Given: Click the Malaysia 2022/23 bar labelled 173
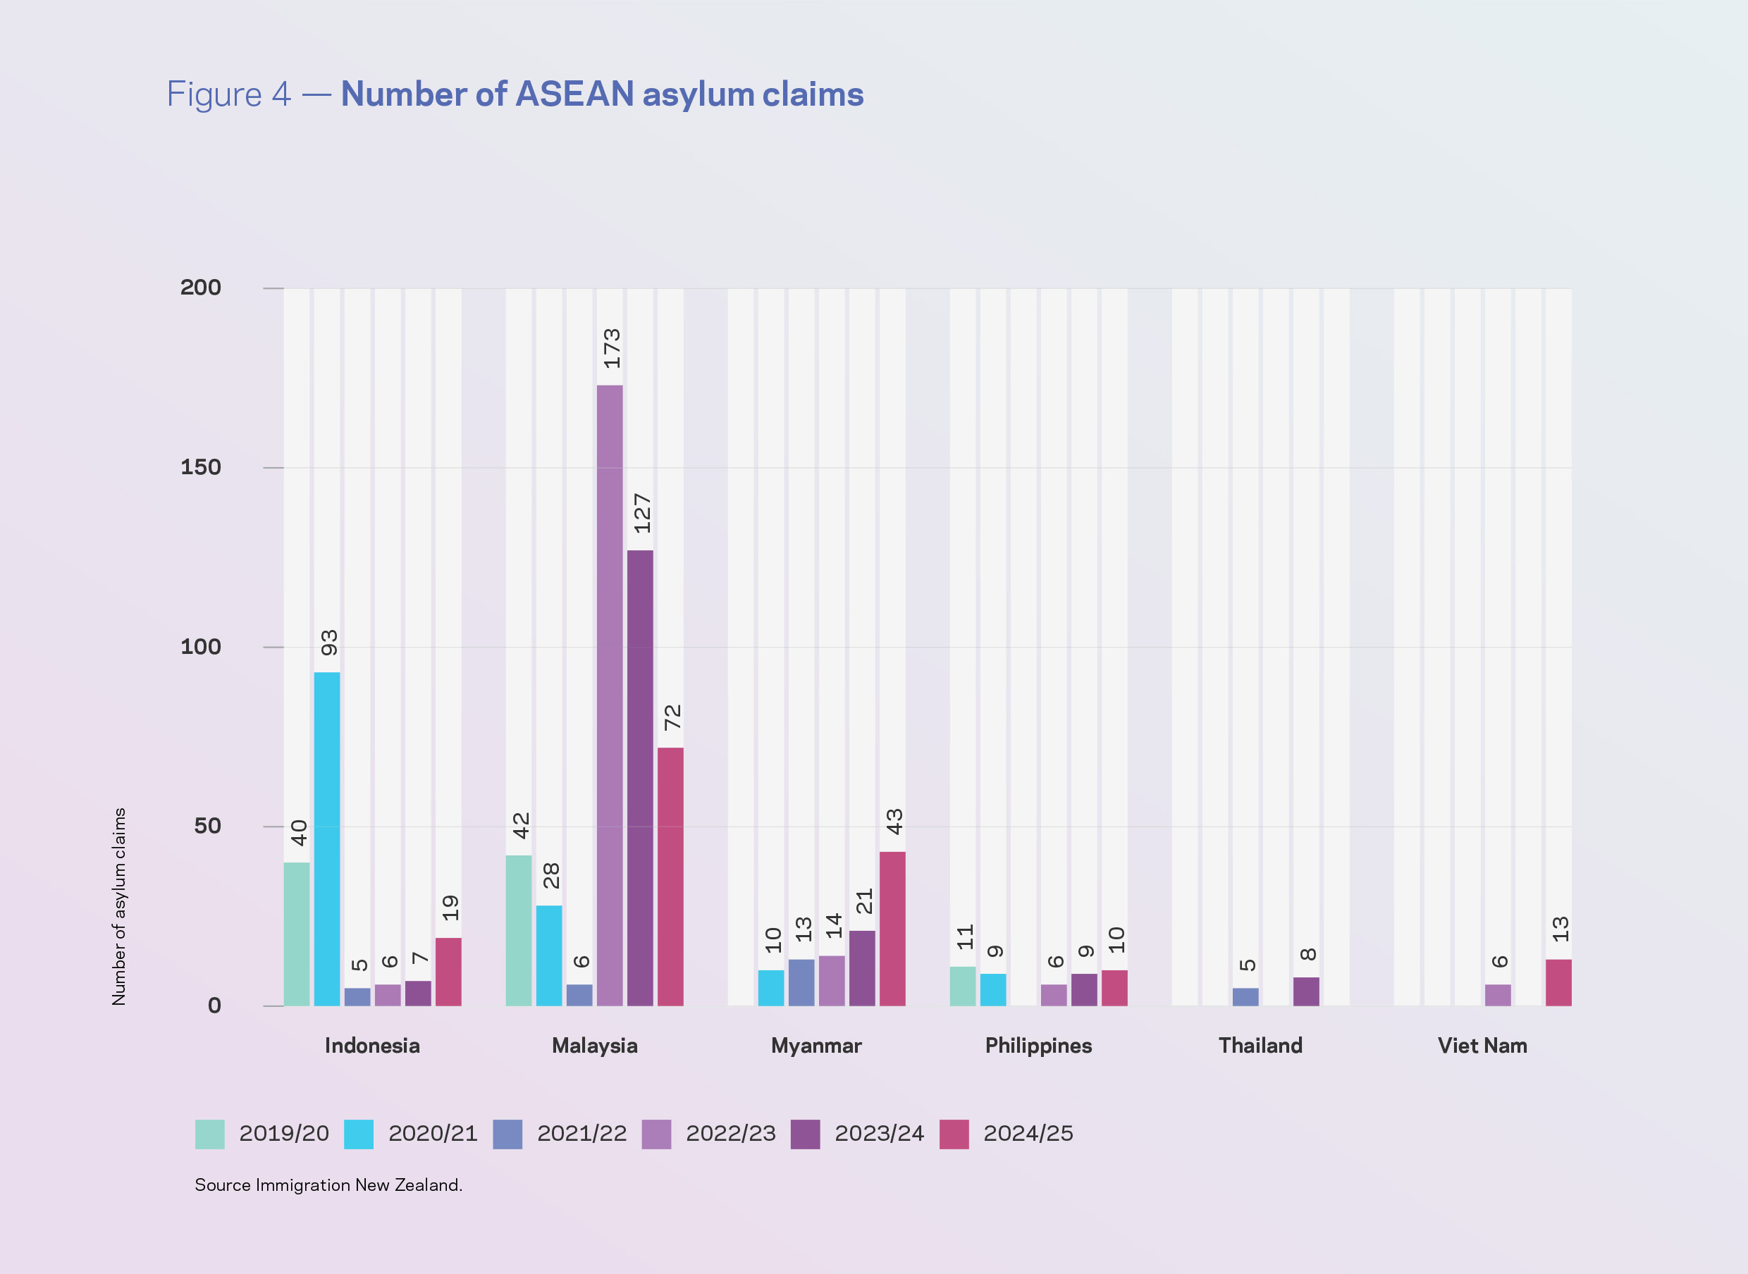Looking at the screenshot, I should click(x=610, y=694).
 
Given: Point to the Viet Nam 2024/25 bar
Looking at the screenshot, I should click(x=1558, y=982).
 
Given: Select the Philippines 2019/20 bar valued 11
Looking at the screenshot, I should click(x=963, y=987).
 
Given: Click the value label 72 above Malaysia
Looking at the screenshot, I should click(x=672, y=717).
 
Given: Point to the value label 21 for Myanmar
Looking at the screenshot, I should click(x=864, y=901).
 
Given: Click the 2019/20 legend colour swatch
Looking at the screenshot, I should click(x=210, y=1134).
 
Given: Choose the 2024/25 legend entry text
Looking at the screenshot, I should click(x=1028, y=1134).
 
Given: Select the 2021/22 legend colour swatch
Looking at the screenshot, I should click(x=507, y=1134).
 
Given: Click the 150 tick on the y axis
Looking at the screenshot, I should click(x=201, y=467).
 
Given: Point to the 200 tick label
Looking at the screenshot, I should click(x=201, y=287).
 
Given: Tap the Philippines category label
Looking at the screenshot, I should click(x=1038, y=1046).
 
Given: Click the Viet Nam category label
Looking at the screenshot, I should click(x=1482, y=1046).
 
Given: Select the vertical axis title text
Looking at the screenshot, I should click(x=119, y=906).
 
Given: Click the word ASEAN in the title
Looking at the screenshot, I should click(x=574, y=94).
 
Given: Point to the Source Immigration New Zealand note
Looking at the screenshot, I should click(x=328, y=1185).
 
